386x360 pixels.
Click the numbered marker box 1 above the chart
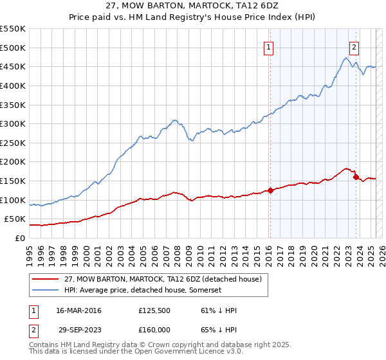(268, 46)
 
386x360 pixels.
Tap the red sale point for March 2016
(270, 190)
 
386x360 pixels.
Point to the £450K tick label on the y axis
(13, 66)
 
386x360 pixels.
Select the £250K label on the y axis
(13, 143)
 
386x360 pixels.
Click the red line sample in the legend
(45, 279)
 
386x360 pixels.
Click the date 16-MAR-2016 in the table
(79, 310)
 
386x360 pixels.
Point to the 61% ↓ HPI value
(216, 310)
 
